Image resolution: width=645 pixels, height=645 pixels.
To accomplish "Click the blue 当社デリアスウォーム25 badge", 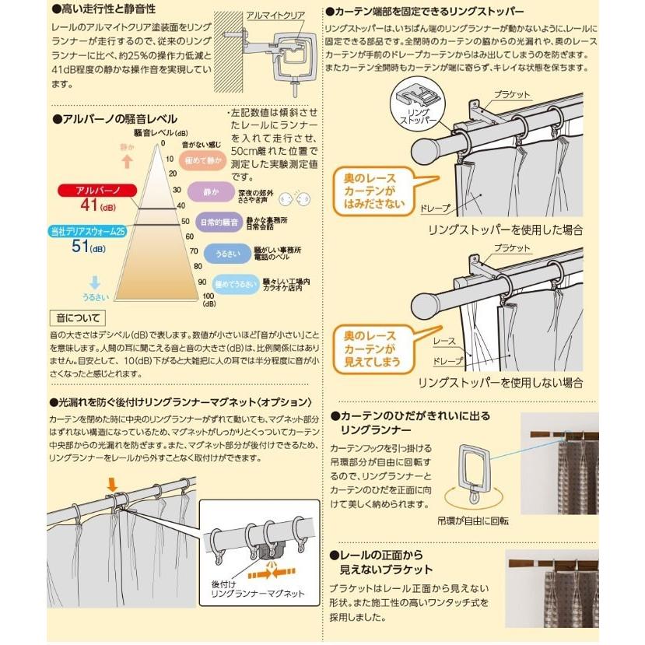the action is (x=88, y=232).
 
